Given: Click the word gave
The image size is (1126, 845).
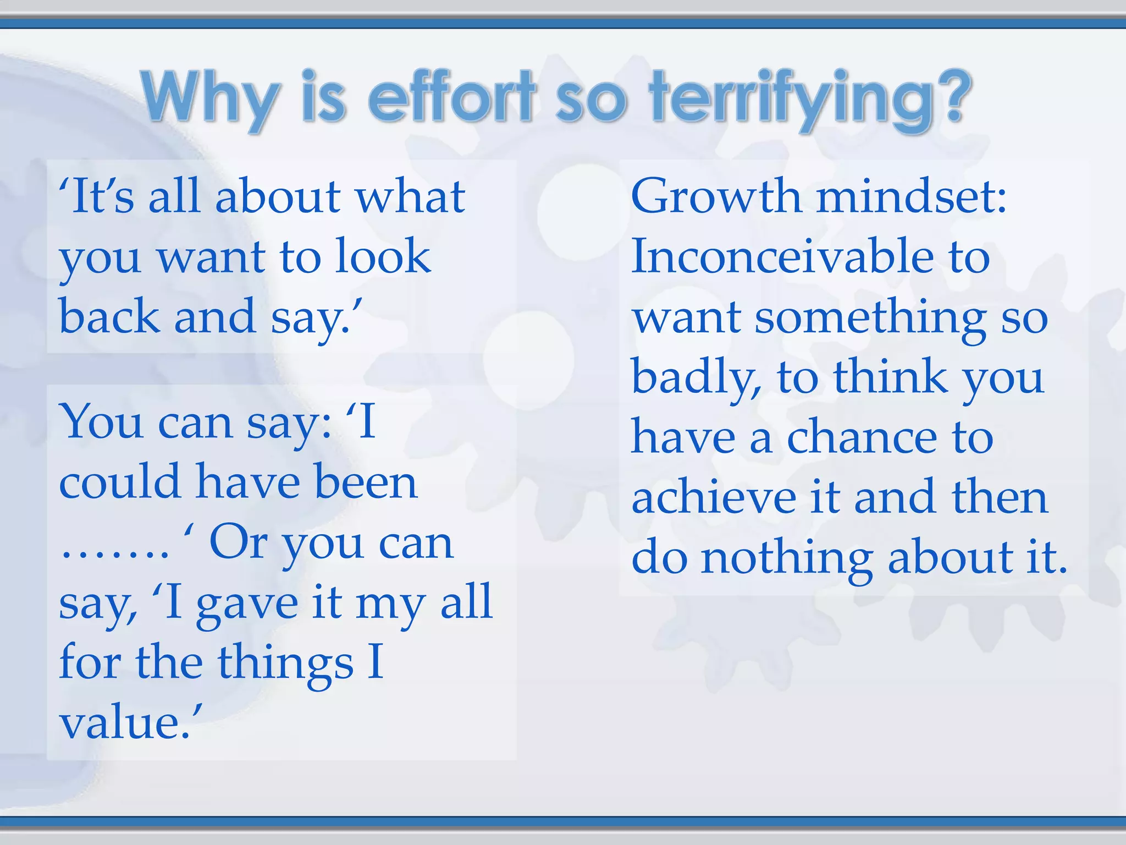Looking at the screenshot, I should click(247, 603).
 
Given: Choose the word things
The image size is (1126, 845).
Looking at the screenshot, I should click(285, 663).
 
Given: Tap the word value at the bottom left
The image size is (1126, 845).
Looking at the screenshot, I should click(126, 723).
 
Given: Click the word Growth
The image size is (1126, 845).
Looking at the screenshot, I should click(716, 196).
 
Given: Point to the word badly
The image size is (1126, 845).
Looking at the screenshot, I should click(696, 378).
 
